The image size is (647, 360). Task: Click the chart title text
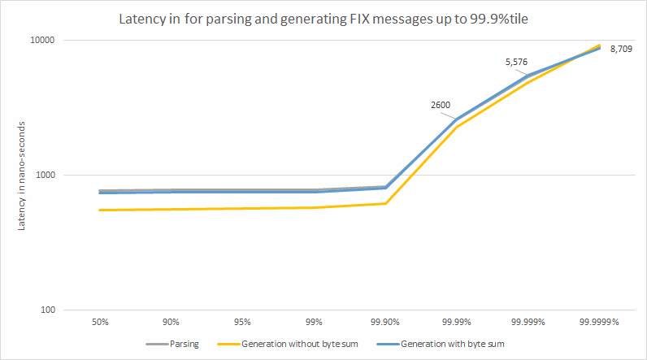click(322, 18)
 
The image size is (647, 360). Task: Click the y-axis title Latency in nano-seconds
click(23, 175)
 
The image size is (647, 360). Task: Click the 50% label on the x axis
click(100, 323)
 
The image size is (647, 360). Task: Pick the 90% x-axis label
click(172, 323)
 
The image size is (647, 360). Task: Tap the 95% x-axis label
click(243, 323)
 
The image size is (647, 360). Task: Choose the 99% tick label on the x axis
click(315, 323)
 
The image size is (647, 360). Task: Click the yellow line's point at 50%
click(100, 210)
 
